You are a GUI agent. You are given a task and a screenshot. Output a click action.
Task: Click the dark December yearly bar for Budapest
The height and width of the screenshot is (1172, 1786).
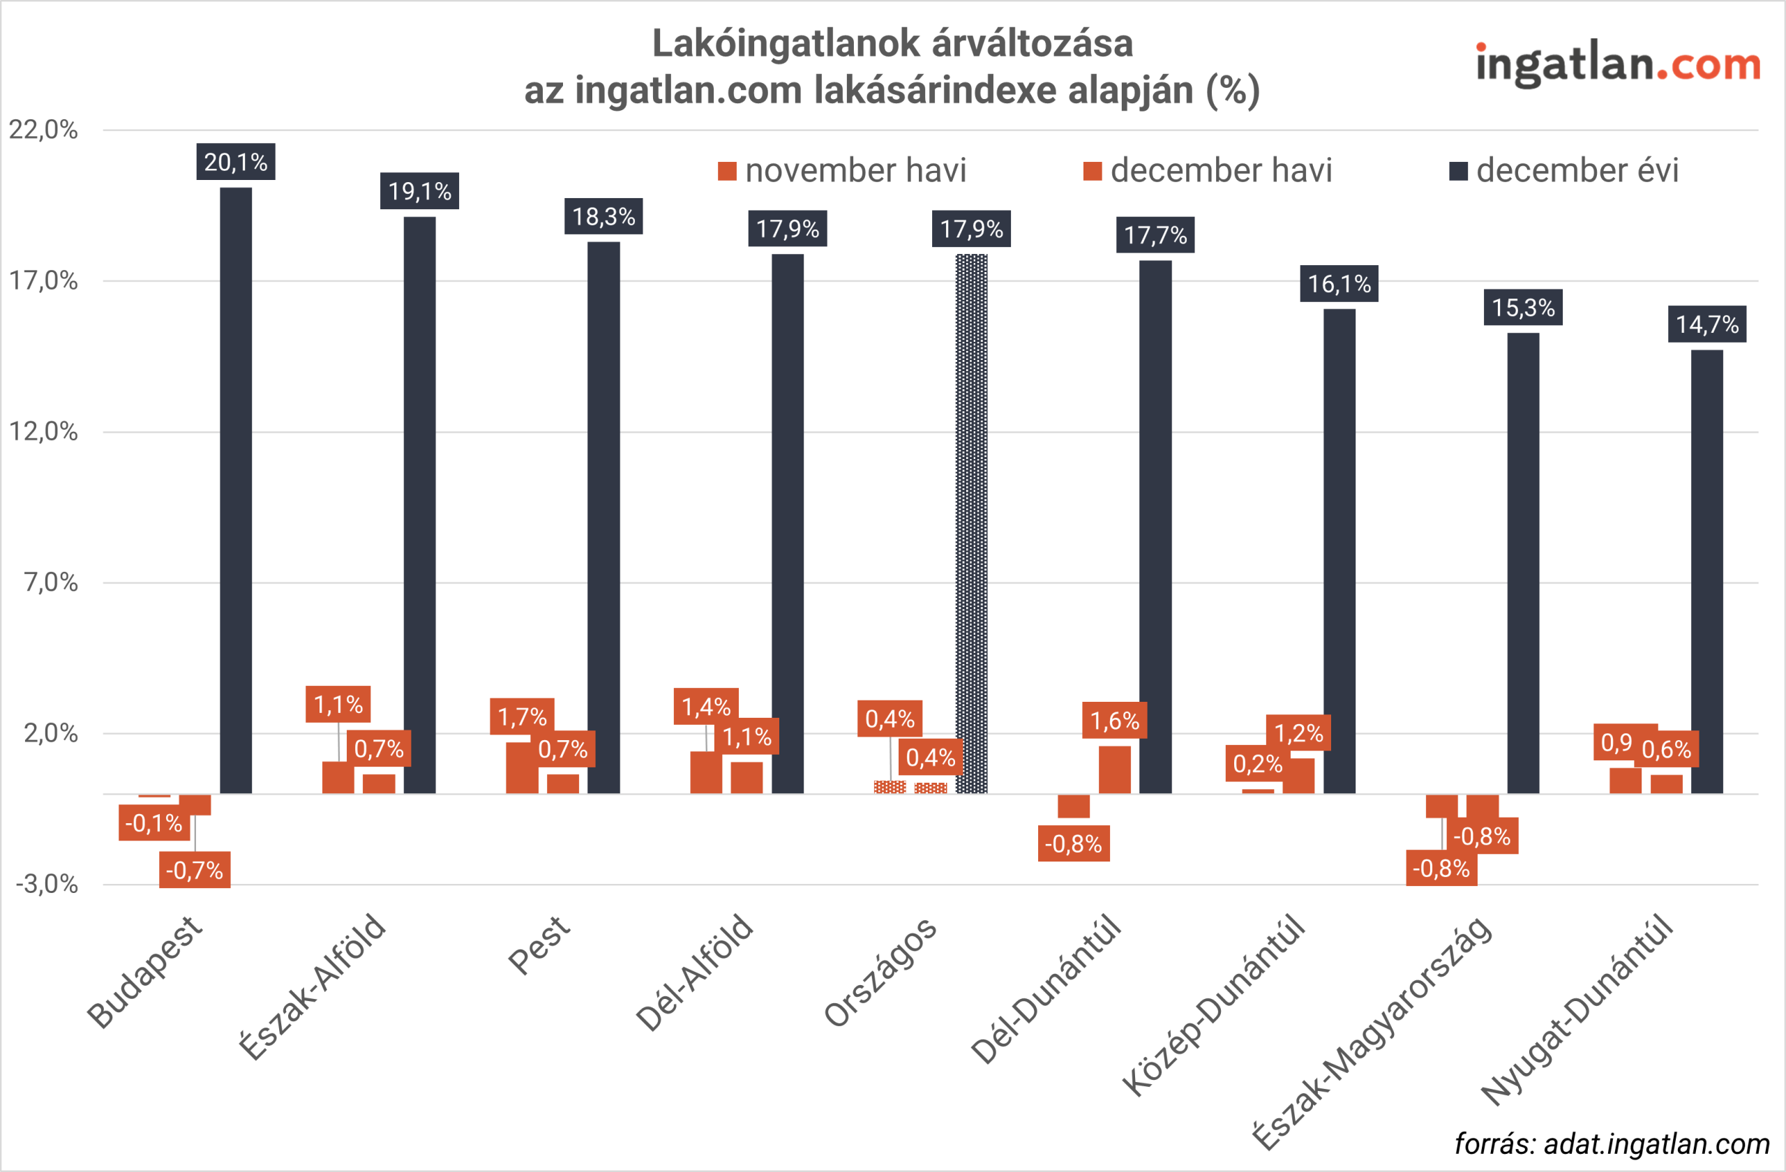tap(236, 488)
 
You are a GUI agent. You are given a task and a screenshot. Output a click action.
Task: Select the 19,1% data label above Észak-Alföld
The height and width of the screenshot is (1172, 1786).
tap(419, 191)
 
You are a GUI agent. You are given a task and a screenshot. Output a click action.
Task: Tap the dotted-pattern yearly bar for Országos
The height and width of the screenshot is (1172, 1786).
tap(971, 525)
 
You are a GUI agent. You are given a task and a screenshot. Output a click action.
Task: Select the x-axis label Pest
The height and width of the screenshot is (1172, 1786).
tap(539, 945)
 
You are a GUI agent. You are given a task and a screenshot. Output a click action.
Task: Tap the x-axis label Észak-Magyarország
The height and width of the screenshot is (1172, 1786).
tap(1373, 1032)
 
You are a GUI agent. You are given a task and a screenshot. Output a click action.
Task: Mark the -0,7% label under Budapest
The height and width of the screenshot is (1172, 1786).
tap(195, 871)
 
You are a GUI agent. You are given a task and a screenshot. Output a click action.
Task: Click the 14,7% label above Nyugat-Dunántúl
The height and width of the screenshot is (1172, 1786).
tap(1706, 324)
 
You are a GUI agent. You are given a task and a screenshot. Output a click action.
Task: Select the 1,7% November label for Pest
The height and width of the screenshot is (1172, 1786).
tap(522, 716)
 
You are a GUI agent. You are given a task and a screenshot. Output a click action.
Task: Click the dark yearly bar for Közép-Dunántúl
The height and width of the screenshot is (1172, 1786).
tap(1339, 552)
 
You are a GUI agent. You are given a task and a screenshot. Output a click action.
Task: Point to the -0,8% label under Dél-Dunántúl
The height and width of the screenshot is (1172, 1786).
tap(1073, 844)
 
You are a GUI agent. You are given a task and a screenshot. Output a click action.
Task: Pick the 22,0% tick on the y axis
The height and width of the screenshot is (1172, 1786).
tap(43, 130)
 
